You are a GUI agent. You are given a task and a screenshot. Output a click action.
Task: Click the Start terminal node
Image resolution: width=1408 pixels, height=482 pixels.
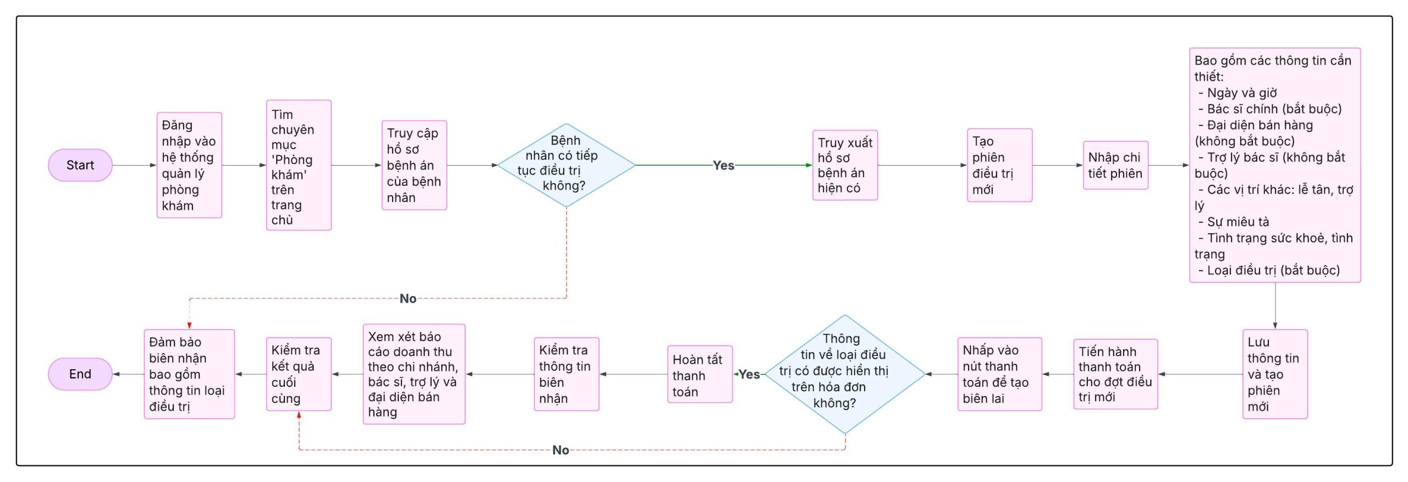coord(80,165)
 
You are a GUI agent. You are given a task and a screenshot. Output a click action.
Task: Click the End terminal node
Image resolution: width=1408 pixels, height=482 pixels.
coord(80,374)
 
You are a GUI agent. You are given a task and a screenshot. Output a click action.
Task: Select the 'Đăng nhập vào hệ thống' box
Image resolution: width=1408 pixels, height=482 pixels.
coord(189,165)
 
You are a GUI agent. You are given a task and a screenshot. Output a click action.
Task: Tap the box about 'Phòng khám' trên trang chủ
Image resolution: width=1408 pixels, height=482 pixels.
coord(299,165)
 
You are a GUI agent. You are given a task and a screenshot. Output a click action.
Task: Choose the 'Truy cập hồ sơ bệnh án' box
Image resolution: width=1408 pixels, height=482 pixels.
coord(414,165)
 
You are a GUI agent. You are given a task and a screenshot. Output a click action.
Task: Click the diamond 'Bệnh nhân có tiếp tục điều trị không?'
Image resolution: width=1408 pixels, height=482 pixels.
coord(566,165)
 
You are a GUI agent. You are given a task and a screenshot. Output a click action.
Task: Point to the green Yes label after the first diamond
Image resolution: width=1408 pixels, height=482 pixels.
coord(723,165)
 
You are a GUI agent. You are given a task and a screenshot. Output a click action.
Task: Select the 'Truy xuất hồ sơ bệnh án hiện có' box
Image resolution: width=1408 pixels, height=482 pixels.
coord(845,165)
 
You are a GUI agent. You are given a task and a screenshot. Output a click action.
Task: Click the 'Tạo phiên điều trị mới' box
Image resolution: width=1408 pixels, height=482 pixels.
coord(999,165)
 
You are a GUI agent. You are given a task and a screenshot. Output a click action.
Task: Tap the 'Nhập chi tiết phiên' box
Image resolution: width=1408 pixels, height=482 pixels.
coord(1115,165)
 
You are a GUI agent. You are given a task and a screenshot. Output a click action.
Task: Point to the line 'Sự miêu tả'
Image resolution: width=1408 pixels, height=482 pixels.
coord(1237,222)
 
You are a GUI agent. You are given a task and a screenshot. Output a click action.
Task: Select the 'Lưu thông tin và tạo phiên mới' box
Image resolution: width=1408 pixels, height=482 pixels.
coord(1275,374)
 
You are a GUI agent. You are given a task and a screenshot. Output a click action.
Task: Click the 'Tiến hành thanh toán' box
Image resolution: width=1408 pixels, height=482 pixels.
coord(1115,374)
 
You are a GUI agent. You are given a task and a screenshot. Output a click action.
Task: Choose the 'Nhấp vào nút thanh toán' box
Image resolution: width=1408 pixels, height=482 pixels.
coord(999,374)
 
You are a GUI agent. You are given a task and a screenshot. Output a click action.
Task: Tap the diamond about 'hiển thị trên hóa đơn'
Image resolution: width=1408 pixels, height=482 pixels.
coord(845,374)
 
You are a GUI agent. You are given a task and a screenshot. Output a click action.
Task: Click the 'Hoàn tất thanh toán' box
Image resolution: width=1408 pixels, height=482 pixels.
coord(700,374)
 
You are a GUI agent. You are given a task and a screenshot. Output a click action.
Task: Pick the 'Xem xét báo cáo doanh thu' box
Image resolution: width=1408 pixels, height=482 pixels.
coord(414,374)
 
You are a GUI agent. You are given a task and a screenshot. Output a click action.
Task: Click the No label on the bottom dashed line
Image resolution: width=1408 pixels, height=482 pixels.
coord(560,450)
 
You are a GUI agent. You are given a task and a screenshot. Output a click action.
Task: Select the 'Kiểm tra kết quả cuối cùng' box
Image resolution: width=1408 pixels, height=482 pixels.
coord(299,374)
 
